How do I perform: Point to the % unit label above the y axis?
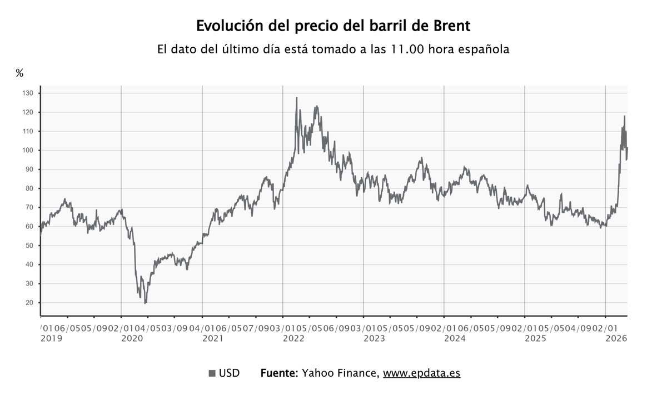click(x=19, y=73)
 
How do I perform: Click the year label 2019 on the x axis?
click(x=52, y=338)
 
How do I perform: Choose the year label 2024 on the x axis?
click(x=455, y=338)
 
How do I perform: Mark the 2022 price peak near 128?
click(x=296, y=98)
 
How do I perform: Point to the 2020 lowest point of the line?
click(x=145, y=303)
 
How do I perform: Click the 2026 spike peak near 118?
click(x=624, y=116)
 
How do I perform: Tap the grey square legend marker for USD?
click(x=212, y=373)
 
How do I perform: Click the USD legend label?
click(x=229, y=373)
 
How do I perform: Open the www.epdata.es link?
click(x=421, y=373)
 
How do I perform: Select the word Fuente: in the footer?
click(x=280, y=373)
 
